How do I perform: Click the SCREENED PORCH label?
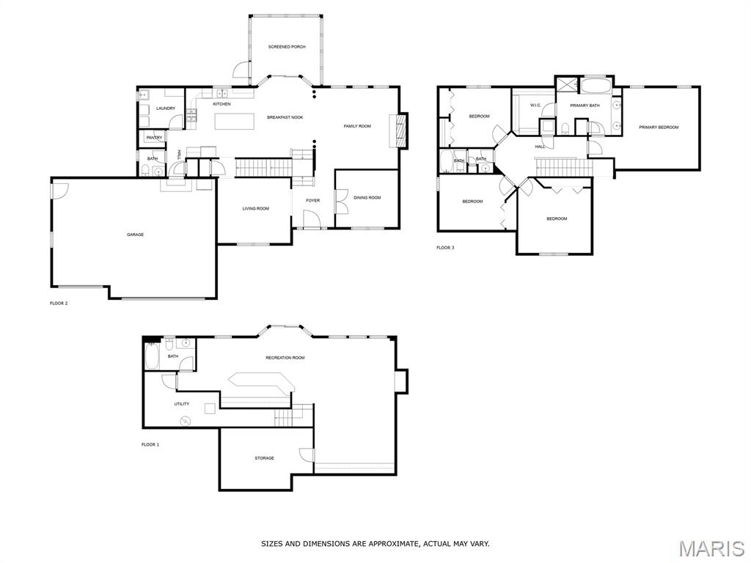287,47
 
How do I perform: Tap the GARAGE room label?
135,235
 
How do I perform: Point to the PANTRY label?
154,138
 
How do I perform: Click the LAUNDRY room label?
166,108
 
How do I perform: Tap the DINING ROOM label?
367,198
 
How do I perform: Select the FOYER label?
312,201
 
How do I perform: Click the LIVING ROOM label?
256,209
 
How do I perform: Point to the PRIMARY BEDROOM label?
659,128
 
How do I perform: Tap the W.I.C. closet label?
535,106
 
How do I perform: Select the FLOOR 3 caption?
445,248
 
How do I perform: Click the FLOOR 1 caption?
150,445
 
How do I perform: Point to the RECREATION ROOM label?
285,358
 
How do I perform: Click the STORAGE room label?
264,458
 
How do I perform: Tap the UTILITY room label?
182,404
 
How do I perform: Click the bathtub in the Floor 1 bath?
151,357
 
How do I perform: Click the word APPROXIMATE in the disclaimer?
389,544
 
